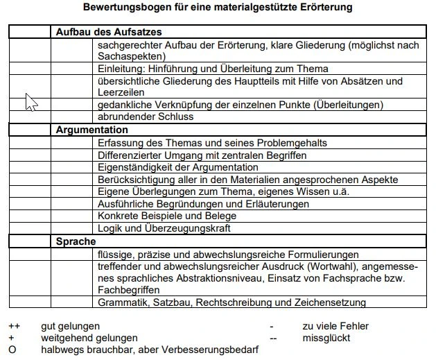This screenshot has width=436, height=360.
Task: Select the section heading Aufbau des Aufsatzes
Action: pos(109,33)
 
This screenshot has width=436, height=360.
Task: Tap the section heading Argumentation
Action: pos(92,130)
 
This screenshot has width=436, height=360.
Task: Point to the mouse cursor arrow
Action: pos(30,101)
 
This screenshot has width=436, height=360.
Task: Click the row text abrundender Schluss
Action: pos(146,117)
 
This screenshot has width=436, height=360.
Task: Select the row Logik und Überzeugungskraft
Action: pos(164,228)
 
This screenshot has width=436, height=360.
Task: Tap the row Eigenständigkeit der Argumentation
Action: pos(178,167)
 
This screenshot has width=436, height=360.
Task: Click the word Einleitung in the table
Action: pos(119,69)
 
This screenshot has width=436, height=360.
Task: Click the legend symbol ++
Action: pos(14,326)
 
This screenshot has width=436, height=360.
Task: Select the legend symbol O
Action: pos(12,350)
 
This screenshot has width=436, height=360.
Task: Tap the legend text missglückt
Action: pos(326,338)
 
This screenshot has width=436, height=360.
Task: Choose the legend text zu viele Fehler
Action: pos(335,326)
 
